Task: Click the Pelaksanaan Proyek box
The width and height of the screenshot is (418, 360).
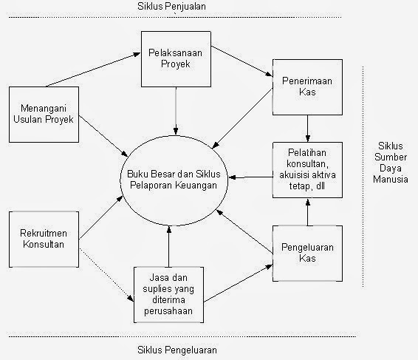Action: (x=176, y=57)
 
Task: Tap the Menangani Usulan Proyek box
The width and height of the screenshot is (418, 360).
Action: (x=44, y=114)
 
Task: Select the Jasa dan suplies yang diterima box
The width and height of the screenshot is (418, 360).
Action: (x=169, y=294)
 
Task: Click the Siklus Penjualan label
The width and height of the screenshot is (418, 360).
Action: (x=171, y=7)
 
